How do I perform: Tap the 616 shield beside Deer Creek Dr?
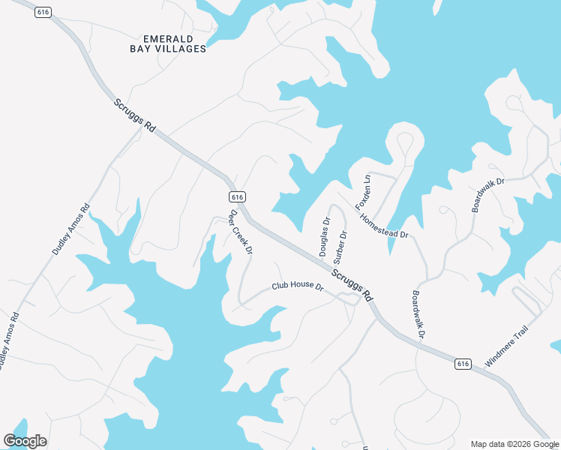[x=237, y=196]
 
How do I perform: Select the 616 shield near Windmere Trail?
[x=462, y=364]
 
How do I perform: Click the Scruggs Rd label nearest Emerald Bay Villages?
[x=135, y=116]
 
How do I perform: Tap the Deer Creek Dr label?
[x=241, y=231]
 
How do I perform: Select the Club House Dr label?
[x=297, y=287]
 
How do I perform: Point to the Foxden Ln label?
[x=363, y=192]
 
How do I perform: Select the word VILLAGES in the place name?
[x=180, y=49]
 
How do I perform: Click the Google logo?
[x=25, y=441]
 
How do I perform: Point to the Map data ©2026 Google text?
[x=514, y=443]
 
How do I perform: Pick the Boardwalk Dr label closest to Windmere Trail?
[x=418, y=313]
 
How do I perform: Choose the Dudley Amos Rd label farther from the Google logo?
[x=71, y=229]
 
